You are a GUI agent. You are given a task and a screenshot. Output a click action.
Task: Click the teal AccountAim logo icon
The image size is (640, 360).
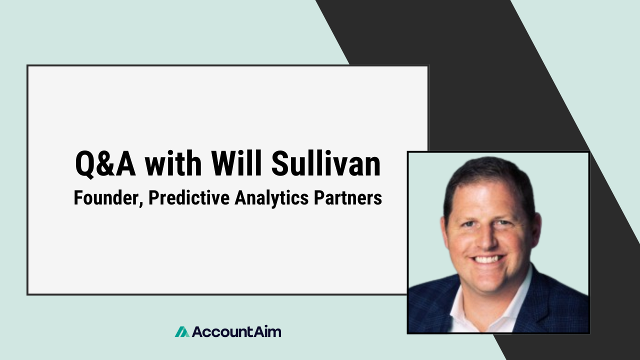pos(182,331)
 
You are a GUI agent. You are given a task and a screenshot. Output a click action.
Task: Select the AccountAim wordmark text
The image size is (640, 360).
pos(236,331)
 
